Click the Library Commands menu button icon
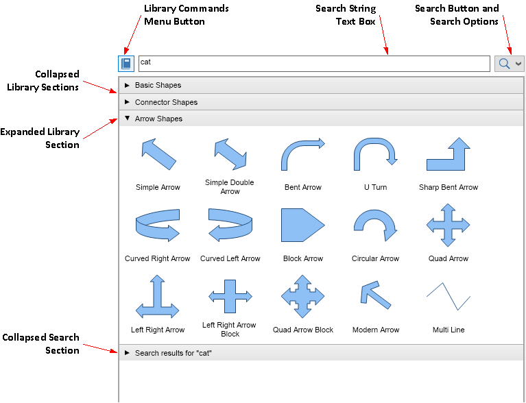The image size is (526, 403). tap(126, 64)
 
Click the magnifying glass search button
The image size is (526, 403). tap(504, 64)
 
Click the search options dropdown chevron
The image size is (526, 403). tap(518, 64)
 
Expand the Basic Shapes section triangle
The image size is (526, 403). tap(127, 86)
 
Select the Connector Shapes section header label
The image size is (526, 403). tap(166, 102)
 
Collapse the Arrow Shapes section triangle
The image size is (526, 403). tap(127, 119)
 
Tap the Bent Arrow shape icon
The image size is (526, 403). tap(302, 154)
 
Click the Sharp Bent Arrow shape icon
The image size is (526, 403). tap(449, 154)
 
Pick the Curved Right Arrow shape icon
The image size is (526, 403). tap(158, 225)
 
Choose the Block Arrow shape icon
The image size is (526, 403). tap(302, 225)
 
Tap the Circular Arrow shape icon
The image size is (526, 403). tap(375, 225)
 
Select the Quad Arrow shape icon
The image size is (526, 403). tap(449, 225)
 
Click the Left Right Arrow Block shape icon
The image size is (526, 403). tap(230, 296)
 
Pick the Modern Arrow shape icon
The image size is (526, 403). tap(375, 295)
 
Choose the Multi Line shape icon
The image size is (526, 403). tap(449, 295)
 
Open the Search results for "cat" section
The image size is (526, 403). tap(173, 353)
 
